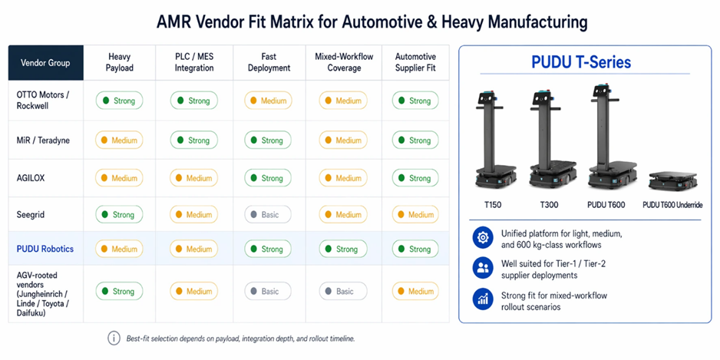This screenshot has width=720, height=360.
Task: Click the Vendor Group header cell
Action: pos(46,62)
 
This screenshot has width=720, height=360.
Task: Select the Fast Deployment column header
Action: pos(269,62)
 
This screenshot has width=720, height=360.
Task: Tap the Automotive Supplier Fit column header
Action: pos(415,62)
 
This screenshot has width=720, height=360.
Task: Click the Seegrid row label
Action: pos(31,214)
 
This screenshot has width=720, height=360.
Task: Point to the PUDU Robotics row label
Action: pos(45,249)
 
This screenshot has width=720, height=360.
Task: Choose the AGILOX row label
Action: pos(31,178)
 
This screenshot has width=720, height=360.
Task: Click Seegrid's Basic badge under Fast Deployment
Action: pos(268,214)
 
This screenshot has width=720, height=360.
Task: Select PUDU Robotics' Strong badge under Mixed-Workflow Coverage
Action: pos(343,249)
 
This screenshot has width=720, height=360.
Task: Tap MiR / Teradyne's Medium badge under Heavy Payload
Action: pos(119,140)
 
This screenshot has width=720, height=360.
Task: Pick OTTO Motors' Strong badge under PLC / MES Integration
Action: pos(193,101)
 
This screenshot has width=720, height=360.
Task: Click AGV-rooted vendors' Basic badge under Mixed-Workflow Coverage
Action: pos(343,291)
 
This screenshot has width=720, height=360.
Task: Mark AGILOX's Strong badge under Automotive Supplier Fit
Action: pos(415,178)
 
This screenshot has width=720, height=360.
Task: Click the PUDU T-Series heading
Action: pos(581,62)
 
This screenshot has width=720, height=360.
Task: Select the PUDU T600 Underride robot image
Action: pos(672,180)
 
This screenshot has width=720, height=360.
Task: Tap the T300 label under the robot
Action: pos(548,205)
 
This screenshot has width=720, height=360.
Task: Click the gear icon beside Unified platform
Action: pos(483,237)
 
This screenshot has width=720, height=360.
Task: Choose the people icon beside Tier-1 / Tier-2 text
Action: pos(483,269)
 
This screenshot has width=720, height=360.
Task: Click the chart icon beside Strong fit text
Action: pos(483,300)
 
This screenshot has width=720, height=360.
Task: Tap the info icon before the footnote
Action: pos(114,339)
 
